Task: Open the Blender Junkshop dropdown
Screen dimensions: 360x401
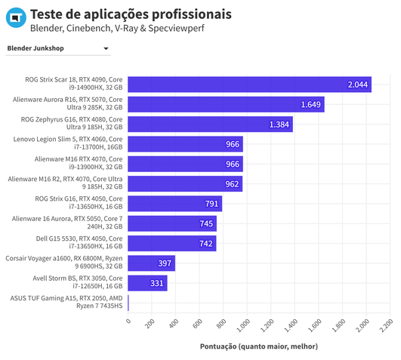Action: tap(58, 49)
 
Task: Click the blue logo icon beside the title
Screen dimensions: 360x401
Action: tap(14, 21)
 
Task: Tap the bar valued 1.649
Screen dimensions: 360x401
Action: tap(226, 104)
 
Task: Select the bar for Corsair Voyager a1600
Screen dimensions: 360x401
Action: tap(151, 263)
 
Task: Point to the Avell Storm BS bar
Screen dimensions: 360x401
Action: tap(147, 282)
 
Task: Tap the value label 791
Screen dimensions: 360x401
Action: tap(211, 203)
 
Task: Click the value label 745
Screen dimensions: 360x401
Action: tap(206, 223)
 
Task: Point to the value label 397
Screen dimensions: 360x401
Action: tap(165, 263)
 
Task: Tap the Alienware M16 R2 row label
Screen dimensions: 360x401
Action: tap(66, 183)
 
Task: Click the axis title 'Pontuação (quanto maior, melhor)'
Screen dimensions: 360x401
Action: tap(258, 346)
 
